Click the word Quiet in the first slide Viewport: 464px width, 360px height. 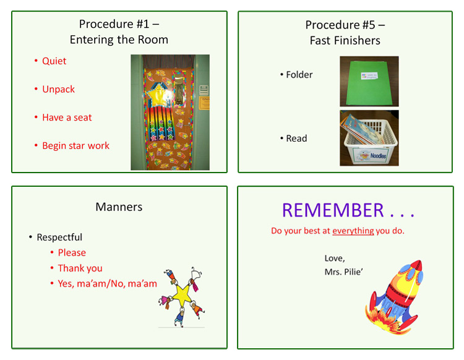(54, 61)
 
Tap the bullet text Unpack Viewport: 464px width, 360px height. (58, 89)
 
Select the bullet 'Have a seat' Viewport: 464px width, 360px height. (67, 118)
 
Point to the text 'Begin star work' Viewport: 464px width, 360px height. (75, 146)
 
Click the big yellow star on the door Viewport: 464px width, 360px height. (157, 95)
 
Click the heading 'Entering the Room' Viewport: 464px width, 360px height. (119, 40)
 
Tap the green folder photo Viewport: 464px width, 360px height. (369, 82)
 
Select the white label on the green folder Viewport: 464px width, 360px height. (369, 76)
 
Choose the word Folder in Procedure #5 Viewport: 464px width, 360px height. (299, 75)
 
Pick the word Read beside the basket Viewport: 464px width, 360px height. (296, 139)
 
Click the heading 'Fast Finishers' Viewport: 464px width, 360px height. (345, 41)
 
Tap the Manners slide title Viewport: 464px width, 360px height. (119, 207)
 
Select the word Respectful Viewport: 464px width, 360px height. (59, 238)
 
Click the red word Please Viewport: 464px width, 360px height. (72, 252)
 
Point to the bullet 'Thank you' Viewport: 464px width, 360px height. (80, 268)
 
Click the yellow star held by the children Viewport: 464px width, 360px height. (182, 294)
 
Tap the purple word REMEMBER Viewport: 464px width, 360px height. (333, 210)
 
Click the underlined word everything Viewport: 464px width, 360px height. (353, 231)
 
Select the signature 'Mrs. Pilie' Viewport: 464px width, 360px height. (343, 272)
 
